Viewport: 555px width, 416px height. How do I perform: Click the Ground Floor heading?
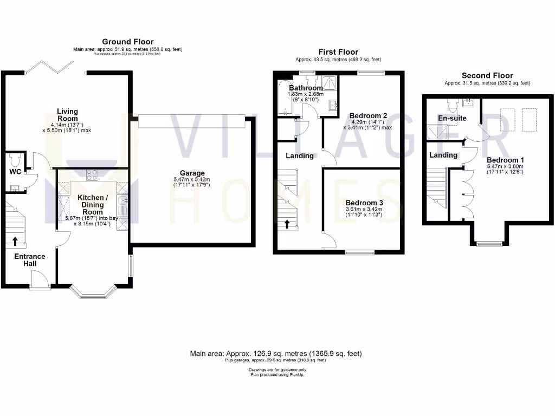[x=127, y=42]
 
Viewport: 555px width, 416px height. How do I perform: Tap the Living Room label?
[x=67, y=115]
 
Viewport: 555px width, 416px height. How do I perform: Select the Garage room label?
[x=192, y=173]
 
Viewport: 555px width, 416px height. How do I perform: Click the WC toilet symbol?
[x=15, y=160]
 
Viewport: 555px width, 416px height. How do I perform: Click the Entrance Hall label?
[x=30, y=260]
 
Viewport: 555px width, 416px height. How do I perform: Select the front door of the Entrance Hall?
[x=40, y=281]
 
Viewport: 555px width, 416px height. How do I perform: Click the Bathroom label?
[x=306, y=88]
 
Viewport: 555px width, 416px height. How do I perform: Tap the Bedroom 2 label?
[x=368, y=115]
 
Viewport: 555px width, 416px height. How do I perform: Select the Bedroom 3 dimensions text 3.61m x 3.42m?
[x=364, y=209]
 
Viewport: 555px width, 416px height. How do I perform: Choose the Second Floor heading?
[x=487, y=76]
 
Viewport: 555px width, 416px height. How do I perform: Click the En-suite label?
[x=452, y=118]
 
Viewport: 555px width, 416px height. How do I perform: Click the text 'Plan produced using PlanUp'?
[x=277, y=374]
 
